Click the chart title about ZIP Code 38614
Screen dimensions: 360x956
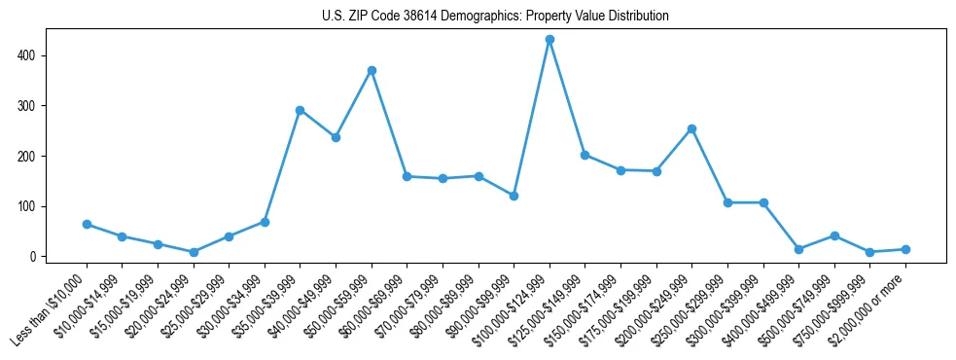pos(495,17)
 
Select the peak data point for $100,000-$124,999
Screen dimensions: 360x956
pos(549,39)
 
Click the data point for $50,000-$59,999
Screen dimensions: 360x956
pos(372,70)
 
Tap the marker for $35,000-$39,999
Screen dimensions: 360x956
pos(301,110)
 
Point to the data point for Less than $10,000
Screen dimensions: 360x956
pos(87,224)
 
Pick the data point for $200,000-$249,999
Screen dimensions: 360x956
pos(691,128)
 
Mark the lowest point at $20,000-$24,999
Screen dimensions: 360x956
pos(194,252)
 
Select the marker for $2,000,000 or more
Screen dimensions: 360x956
pos(905,249)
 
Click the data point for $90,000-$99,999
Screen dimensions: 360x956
pos(513,196)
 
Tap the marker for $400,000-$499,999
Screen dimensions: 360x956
pos(798,249)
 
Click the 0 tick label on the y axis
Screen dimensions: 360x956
pos(34,257)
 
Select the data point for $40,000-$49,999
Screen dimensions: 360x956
pos(336,137)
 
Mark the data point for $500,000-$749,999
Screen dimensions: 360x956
pos(834,235)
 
